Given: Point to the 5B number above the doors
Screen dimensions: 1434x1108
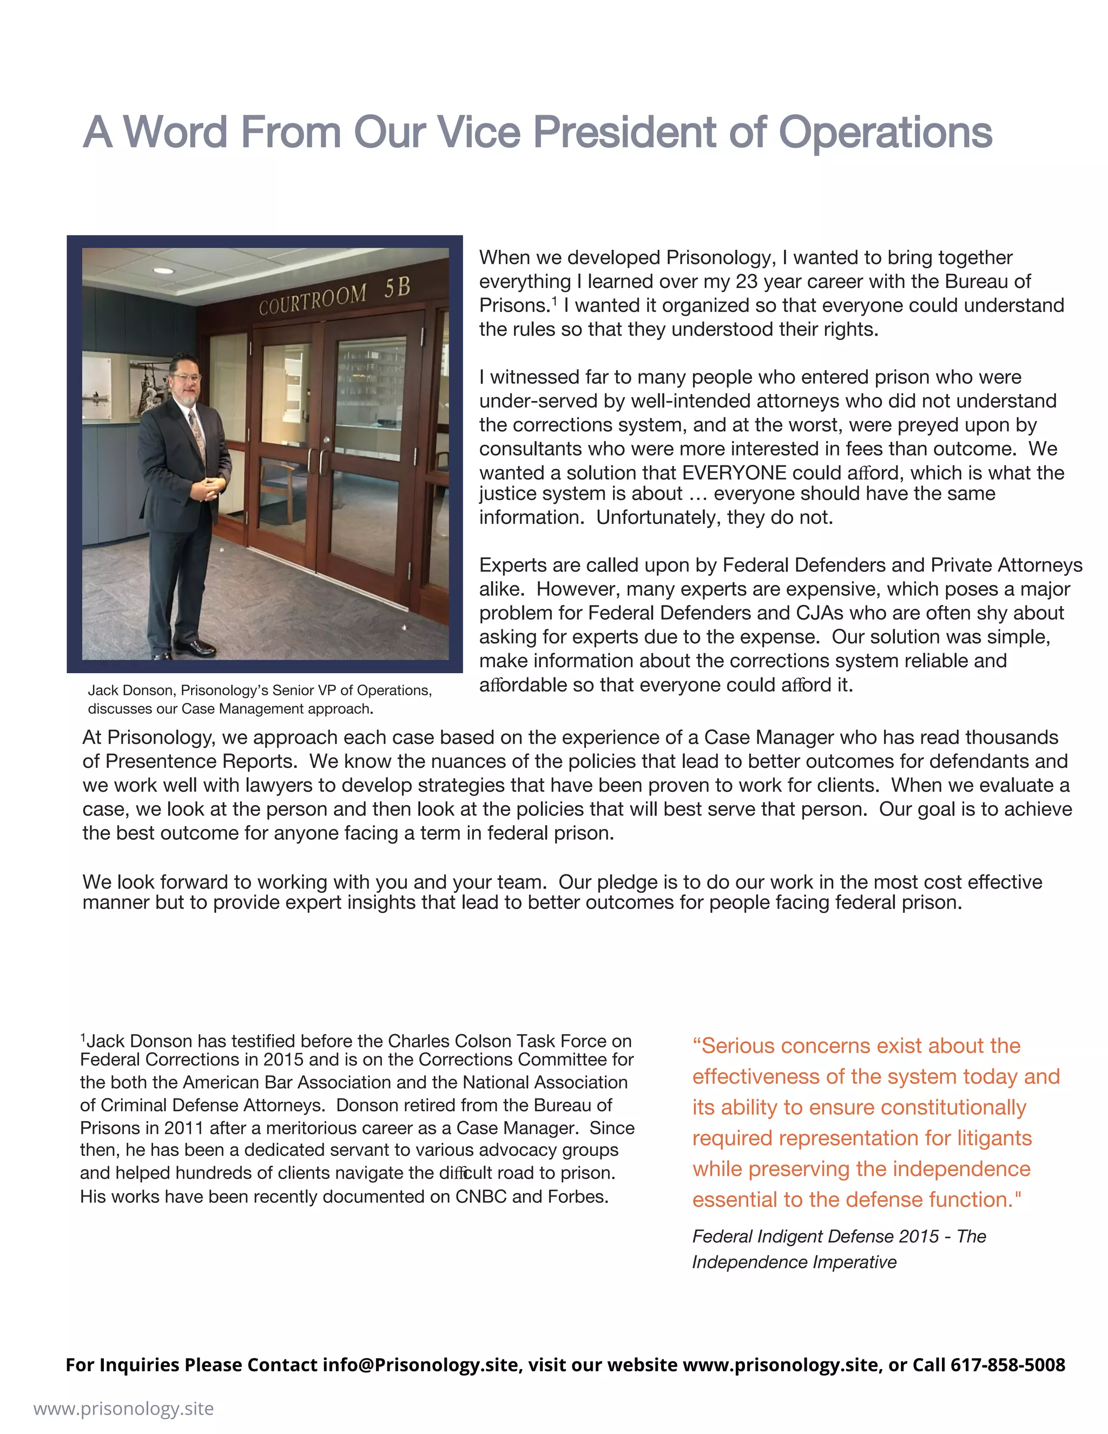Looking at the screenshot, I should [x=397, y=287].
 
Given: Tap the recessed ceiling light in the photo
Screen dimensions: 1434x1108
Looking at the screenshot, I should [x=163, y=271].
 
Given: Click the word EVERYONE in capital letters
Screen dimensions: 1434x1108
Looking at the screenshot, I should [x=734, y=473].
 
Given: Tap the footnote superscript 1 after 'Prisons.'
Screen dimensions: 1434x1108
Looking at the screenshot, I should [x=555, y=301].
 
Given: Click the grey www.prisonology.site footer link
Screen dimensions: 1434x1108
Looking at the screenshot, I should [x=123, y=1409].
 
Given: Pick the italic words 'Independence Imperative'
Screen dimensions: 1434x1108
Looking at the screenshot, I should [x=794, y=1262].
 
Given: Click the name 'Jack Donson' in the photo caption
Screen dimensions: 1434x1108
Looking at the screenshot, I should [x=130, y=690].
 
